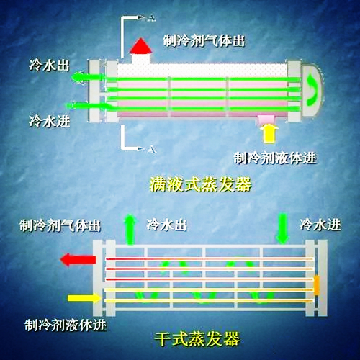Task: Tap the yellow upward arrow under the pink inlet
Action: click(x=270, y=134)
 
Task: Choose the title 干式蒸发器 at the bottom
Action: click(x=197, y=337)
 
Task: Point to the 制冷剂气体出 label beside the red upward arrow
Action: click(x=204, y=40)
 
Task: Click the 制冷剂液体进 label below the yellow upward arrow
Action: click(x=276, y=156)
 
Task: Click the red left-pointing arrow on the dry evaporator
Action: click(x=74, y=258)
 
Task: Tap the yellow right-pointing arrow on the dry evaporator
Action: click(x=78, y=297)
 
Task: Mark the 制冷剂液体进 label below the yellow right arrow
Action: click(x=65, y=324)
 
